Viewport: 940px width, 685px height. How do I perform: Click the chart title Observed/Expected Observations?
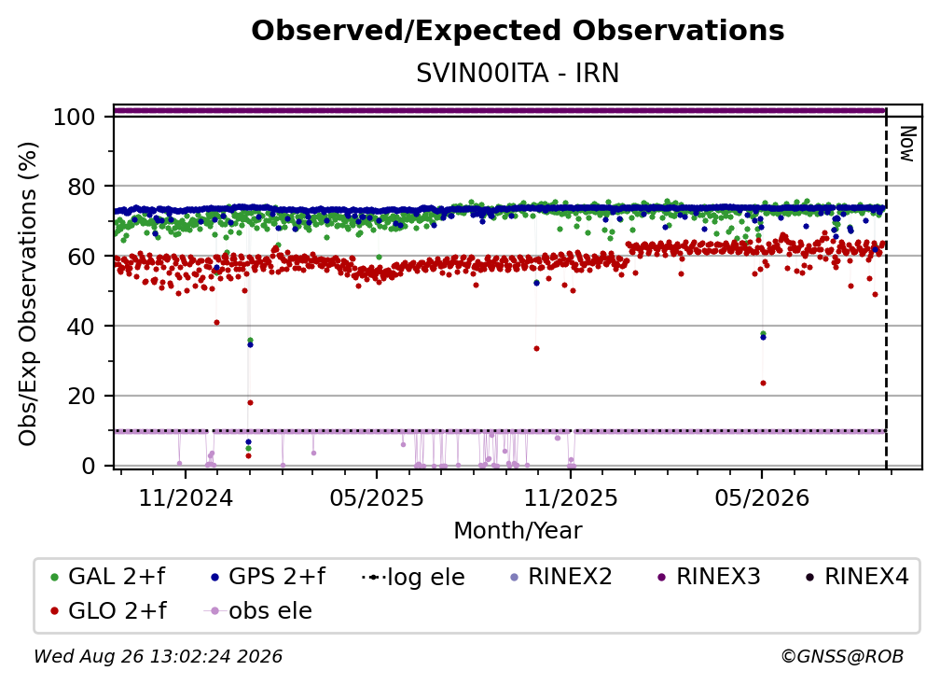coord(518,31)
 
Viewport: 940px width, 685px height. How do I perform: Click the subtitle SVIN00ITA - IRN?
coord(518,73)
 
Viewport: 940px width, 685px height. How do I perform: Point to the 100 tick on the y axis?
coord(75,117)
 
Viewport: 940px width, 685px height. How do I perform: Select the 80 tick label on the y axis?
coord(81,187)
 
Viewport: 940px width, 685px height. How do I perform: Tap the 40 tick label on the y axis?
coord(81,327)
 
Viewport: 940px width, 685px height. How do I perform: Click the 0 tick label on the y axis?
coord(89,466)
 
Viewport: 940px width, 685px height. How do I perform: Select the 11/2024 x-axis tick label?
coord(186,497)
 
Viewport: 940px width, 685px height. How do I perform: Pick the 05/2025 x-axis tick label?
coord(377,497)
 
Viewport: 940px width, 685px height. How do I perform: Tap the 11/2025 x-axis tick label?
coord(571,497)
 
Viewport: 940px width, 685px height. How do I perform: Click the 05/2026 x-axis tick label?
coord(762,497)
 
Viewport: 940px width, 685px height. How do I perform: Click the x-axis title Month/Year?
coord(518,531)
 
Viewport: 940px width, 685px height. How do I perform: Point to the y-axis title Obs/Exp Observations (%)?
coord(28,294)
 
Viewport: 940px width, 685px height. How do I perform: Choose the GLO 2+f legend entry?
coord(108,610)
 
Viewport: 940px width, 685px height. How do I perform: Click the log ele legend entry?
coord(413,577)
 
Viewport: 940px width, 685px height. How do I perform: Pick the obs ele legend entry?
coord(257,610)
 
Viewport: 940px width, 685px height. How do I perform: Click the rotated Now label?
coord(908,144)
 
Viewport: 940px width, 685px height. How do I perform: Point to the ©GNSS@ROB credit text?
coord(842,656)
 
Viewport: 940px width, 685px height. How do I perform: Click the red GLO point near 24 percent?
coord(763,383)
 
